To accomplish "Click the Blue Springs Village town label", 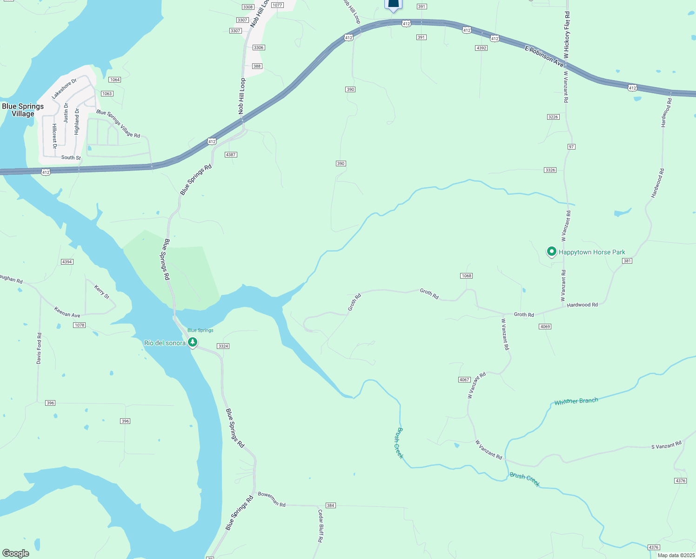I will point(23,110).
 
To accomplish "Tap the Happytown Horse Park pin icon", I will point(551,252).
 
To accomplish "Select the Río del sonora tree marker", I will point(192,342).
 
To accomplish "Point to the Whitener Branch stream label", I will point(576,401).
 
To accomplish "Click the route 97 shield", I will point(571,147).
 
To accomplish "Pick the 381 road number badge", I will point(627,261).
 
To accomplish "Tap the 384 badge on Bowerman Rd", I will point(330,505).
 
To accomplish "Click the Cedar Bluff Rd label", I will point(320,526).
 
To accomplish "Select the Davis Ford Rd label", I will point(39,348).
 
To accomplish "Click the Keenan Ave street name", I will point(67,312).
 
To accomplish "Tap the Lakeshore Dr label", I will point(64,89).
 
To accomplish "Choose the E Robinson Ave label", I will point(544,56).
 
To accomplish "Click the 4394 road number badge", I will point(67,262).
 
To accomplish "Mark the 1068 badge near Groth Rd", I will point(466,276).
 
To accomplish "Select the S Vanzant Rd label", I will point(666,445).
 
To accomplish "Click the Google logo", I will point(16,553).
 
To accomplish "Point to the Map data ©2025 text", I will point(675,555).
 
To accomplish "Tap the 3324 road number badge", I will point(223,346).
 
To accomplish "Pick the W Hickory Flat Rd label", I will point(567,35).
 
